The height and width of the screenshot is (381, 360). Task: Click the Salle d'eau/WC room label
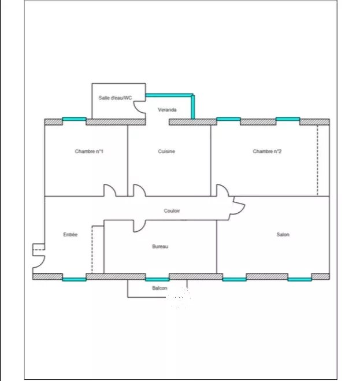(115, 98)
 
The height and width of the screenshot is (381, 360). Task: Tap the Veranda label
(167, 110)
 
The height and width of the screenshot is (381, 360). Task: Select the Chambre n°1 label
(89, 151)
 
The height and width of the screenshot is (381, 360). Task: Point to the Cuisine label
(166, 151)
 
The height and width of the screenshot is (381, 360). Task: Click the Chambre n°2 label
(267, 151)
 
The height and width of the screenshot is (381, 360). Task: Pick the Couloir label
(172, 210)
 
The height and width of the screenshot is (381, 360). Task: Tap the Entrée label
(70, 235)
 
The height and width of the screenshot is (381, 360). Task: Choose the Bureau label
(160, 246)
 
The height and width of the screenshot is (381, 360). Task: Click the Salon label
(283, 235)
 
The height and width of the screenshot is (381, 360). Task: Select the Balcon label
(159, 288)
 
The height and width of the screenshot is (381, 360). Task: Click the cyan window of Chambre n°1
(74, 119)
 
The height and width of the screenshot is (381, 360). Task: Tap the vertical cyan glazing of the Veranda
(192, 107)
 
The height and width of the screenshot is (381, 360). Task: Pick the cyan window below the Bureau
(157, 279)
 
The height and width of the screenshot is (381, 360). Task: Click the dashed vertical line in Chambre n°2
(317, 160)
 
